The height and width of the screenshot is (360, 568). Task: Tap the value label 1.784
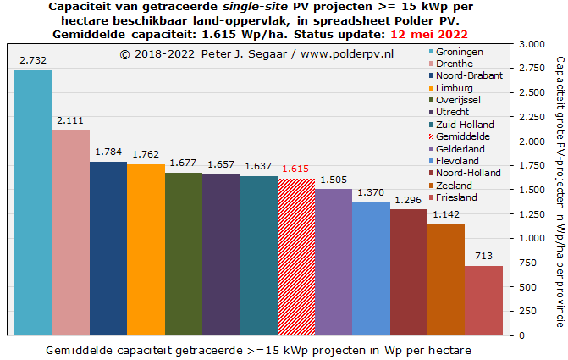[x=108, y=152]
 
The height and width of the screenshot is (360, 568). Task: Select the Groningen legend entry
[x=461, y=52]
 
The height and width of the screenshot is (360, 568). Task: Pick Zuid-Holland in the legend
[x=465, y=125]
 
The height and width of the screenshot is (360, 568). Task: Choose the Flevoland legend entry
[x=461, y=161]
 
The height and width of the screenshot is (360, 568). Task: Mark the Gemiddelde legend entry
[x=463, y=136]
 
